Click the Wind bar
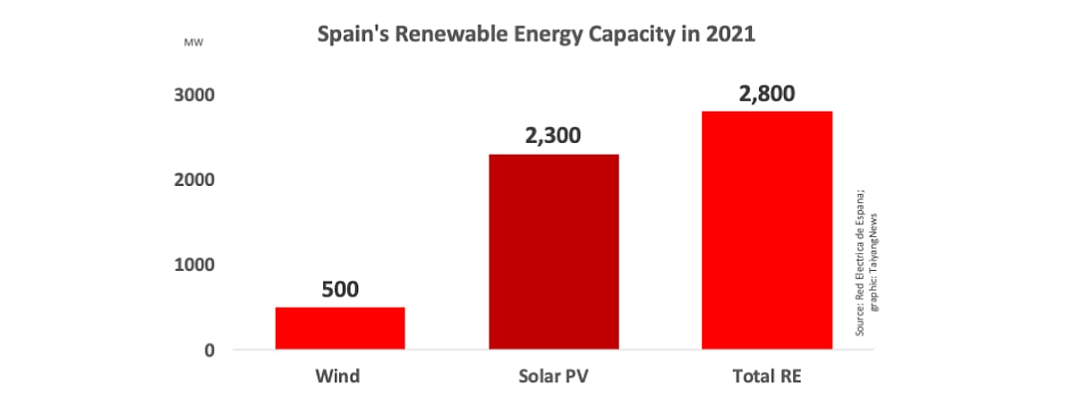click(340, 328)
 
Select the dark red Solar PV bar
click(553, 251)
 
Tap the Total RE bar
click(767, 230)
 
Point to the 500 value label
click(340, 290)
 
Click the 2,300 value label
click(553, 136)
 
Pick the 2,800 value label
click(767, 94)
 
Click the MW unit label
click(192, 42)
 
